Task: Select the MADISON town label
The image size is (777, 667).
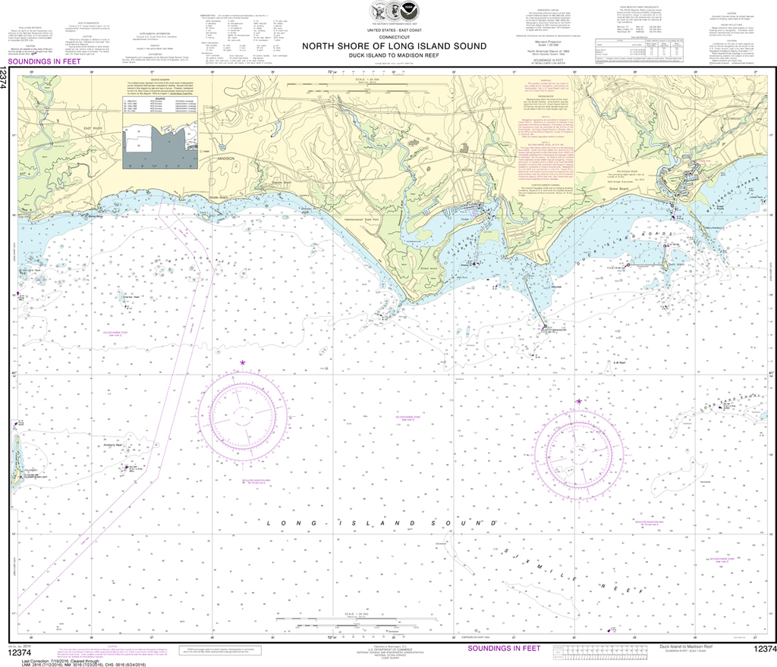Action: pyautogui.click(x=225, y=158)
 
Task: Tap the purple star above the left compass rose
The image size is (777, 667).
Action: pyautogui.click(x=243, y=364)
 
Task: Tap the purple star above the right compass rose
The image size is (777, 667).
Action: pyautogui.click(x=579, y=401)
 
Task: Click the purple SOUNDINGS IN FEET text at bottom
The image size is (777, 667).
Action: pyautogui.click(x=504, y=649)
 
